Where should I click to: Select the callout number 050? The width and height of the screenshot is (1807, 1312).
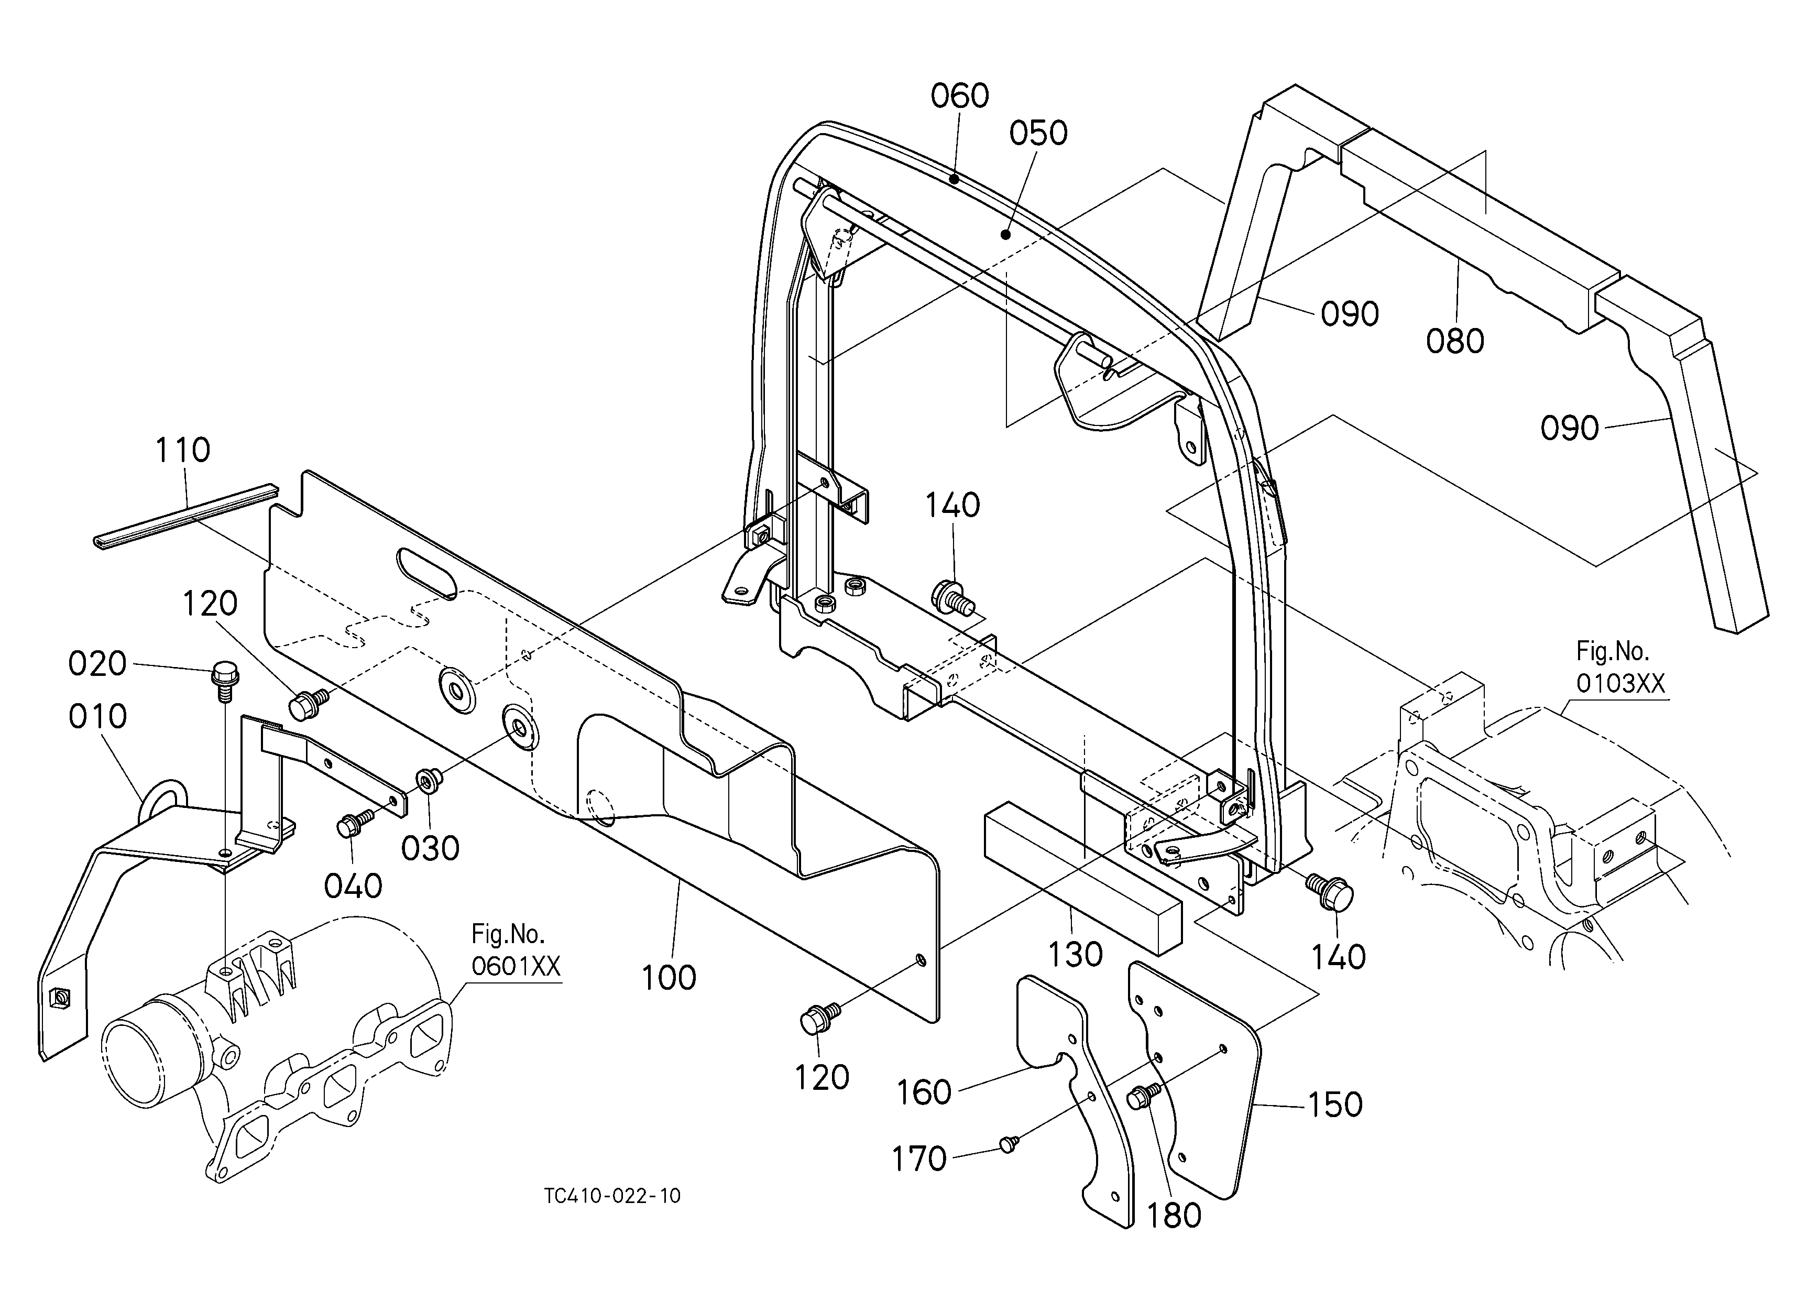pyautogui.click(x=1038, y=134)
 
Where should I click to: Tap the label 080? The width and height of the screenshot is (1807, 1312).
pyautogui.click(x=1455, y=342)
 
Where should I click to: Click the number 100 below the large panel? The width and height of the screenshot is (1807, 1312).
pyautogui.click(x=669, y=978)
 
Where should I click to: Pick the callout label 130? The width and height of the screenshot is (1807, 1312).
pyautogui.click(x=1076, y=954)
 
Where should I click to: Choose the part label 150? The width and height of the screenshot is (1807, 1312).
pyautogui.click(x=1335, y=1105)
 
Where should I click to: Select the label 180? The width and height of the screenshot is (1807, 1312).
pyautogui.click(x=1174, y=1216)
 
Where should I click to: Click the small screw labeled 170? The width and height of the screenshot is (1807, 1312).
pyautogui.click(x=1008, y=1145)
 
